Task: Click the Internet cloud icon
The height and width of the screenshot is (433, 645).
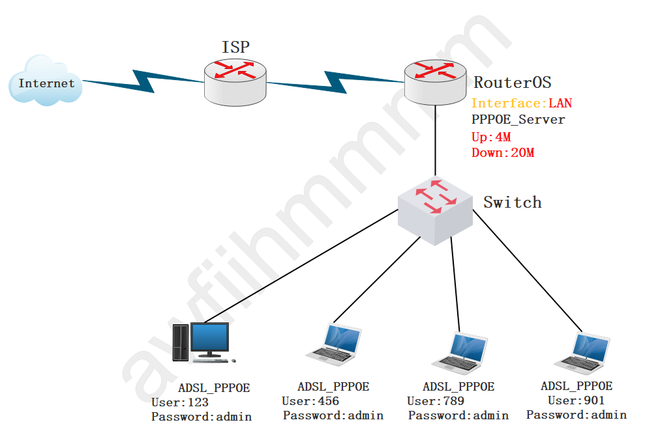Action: (46, 81)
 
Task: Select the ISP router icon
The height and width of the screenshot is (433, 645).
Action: (235, 81)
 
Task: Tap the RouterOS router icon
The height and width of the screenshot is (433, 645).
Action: (435, 81)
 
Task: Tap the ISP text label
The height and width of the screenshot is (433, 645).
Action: (235, 47)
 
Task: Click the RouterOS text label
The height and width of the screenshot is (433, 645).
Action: (512, 83)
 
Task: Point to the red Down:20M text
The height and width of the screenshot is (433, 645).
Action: (503, 153)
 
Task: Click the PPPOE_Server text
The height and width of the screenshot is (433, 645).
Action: (518, 120)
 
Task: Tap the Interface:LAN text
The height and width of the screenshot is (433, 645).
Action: (521, 104)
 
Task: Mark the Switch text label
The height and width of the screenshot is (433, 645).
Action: (512, 203)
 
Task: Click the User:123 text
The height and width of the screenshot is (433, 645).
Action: (179, 402)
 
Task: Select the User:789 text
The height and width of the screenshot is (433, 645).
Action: (435, 401)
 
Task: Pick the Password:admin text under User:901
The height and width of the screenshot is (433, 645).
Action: (577, 415)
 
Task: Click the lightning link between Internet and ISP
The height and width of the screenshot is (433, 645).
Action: (143, 81)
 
